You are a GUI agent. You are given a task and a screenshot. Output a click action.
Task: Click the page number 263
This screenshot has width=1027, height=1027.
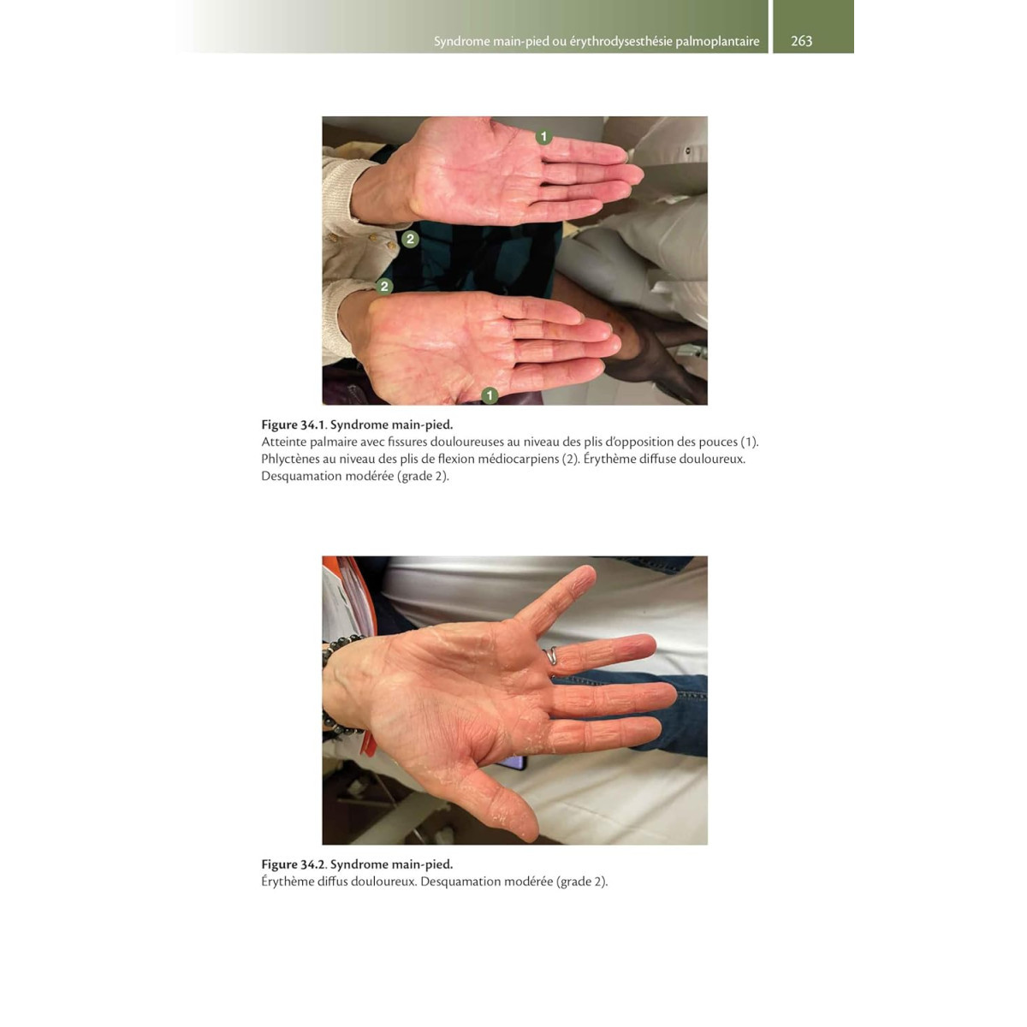(x=801, y=41)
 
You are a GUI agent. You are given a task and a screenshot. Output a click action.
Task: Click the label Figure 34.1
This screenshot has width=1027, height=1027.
(x=294, y=424)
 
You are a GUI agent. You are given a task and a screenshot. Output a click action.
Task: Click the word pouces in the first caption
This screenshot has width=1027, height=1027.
(x=718, y=442)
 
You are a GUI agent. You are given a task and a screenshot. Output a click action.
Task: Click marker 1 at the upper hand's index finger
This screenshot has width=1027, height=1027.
(x=543, y=136)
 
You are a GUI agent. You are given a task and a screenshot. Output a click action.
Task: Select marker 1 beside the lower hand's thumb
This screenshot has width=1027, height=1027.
(x=490, y=395)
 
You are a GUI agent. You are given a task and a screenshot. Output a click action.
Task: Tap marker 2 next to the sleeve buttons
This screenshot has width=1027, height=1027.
(x=410, y=239)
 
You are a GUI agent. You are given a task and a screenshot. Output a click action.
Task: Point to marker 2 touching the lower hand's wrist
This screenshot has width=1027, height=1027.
(x=384, y=286)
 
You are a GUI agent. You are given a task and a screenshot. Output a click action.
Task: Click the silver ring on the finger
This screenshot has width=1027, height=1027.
(x=551, y=656)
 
